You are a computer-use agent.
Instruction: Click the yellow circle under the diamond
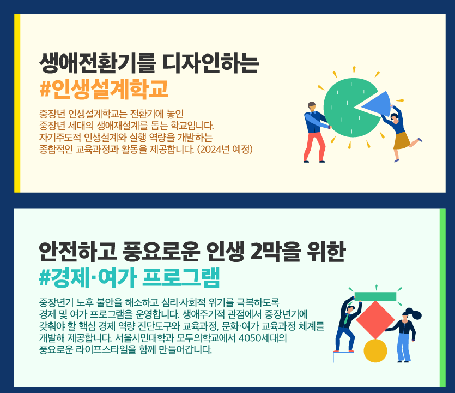coord(375,350)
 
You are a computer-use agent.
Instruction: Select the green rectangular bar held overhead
coord(375,296)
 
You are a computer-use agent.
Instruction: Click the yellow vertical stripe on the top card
coord(17,103)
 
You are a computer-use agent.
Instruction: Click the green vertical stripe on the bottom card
coord(442,297)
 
